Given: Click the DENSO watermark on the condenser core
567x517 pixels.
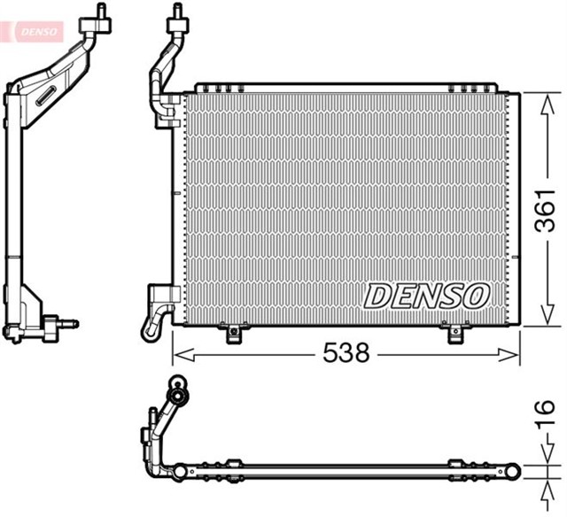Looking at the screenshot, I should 427,296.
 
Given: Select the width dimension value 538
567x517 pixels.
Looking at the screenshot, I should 345,354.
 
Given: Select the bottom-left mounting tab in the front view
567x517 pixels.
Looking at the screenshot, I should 234,334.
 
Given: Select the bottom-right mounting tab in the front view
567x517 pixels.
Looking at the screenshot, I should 454,334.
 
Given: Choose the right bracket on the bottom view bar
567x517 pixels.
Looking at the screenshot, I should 455,465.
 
